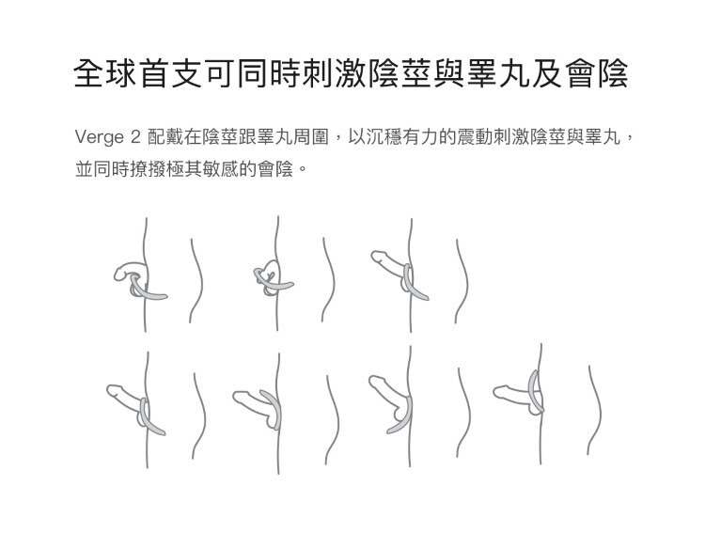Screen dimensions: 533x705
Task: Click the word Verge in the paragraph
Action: [x=98, y=139]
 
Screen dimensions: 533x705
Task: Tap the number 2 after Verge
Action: [x=134, y=139]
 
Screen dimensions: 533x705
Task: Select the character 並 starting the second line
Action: [x=84, y=172]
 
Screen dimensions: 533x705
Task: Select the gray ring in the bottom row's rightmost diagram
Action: [x=535, y=393]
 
